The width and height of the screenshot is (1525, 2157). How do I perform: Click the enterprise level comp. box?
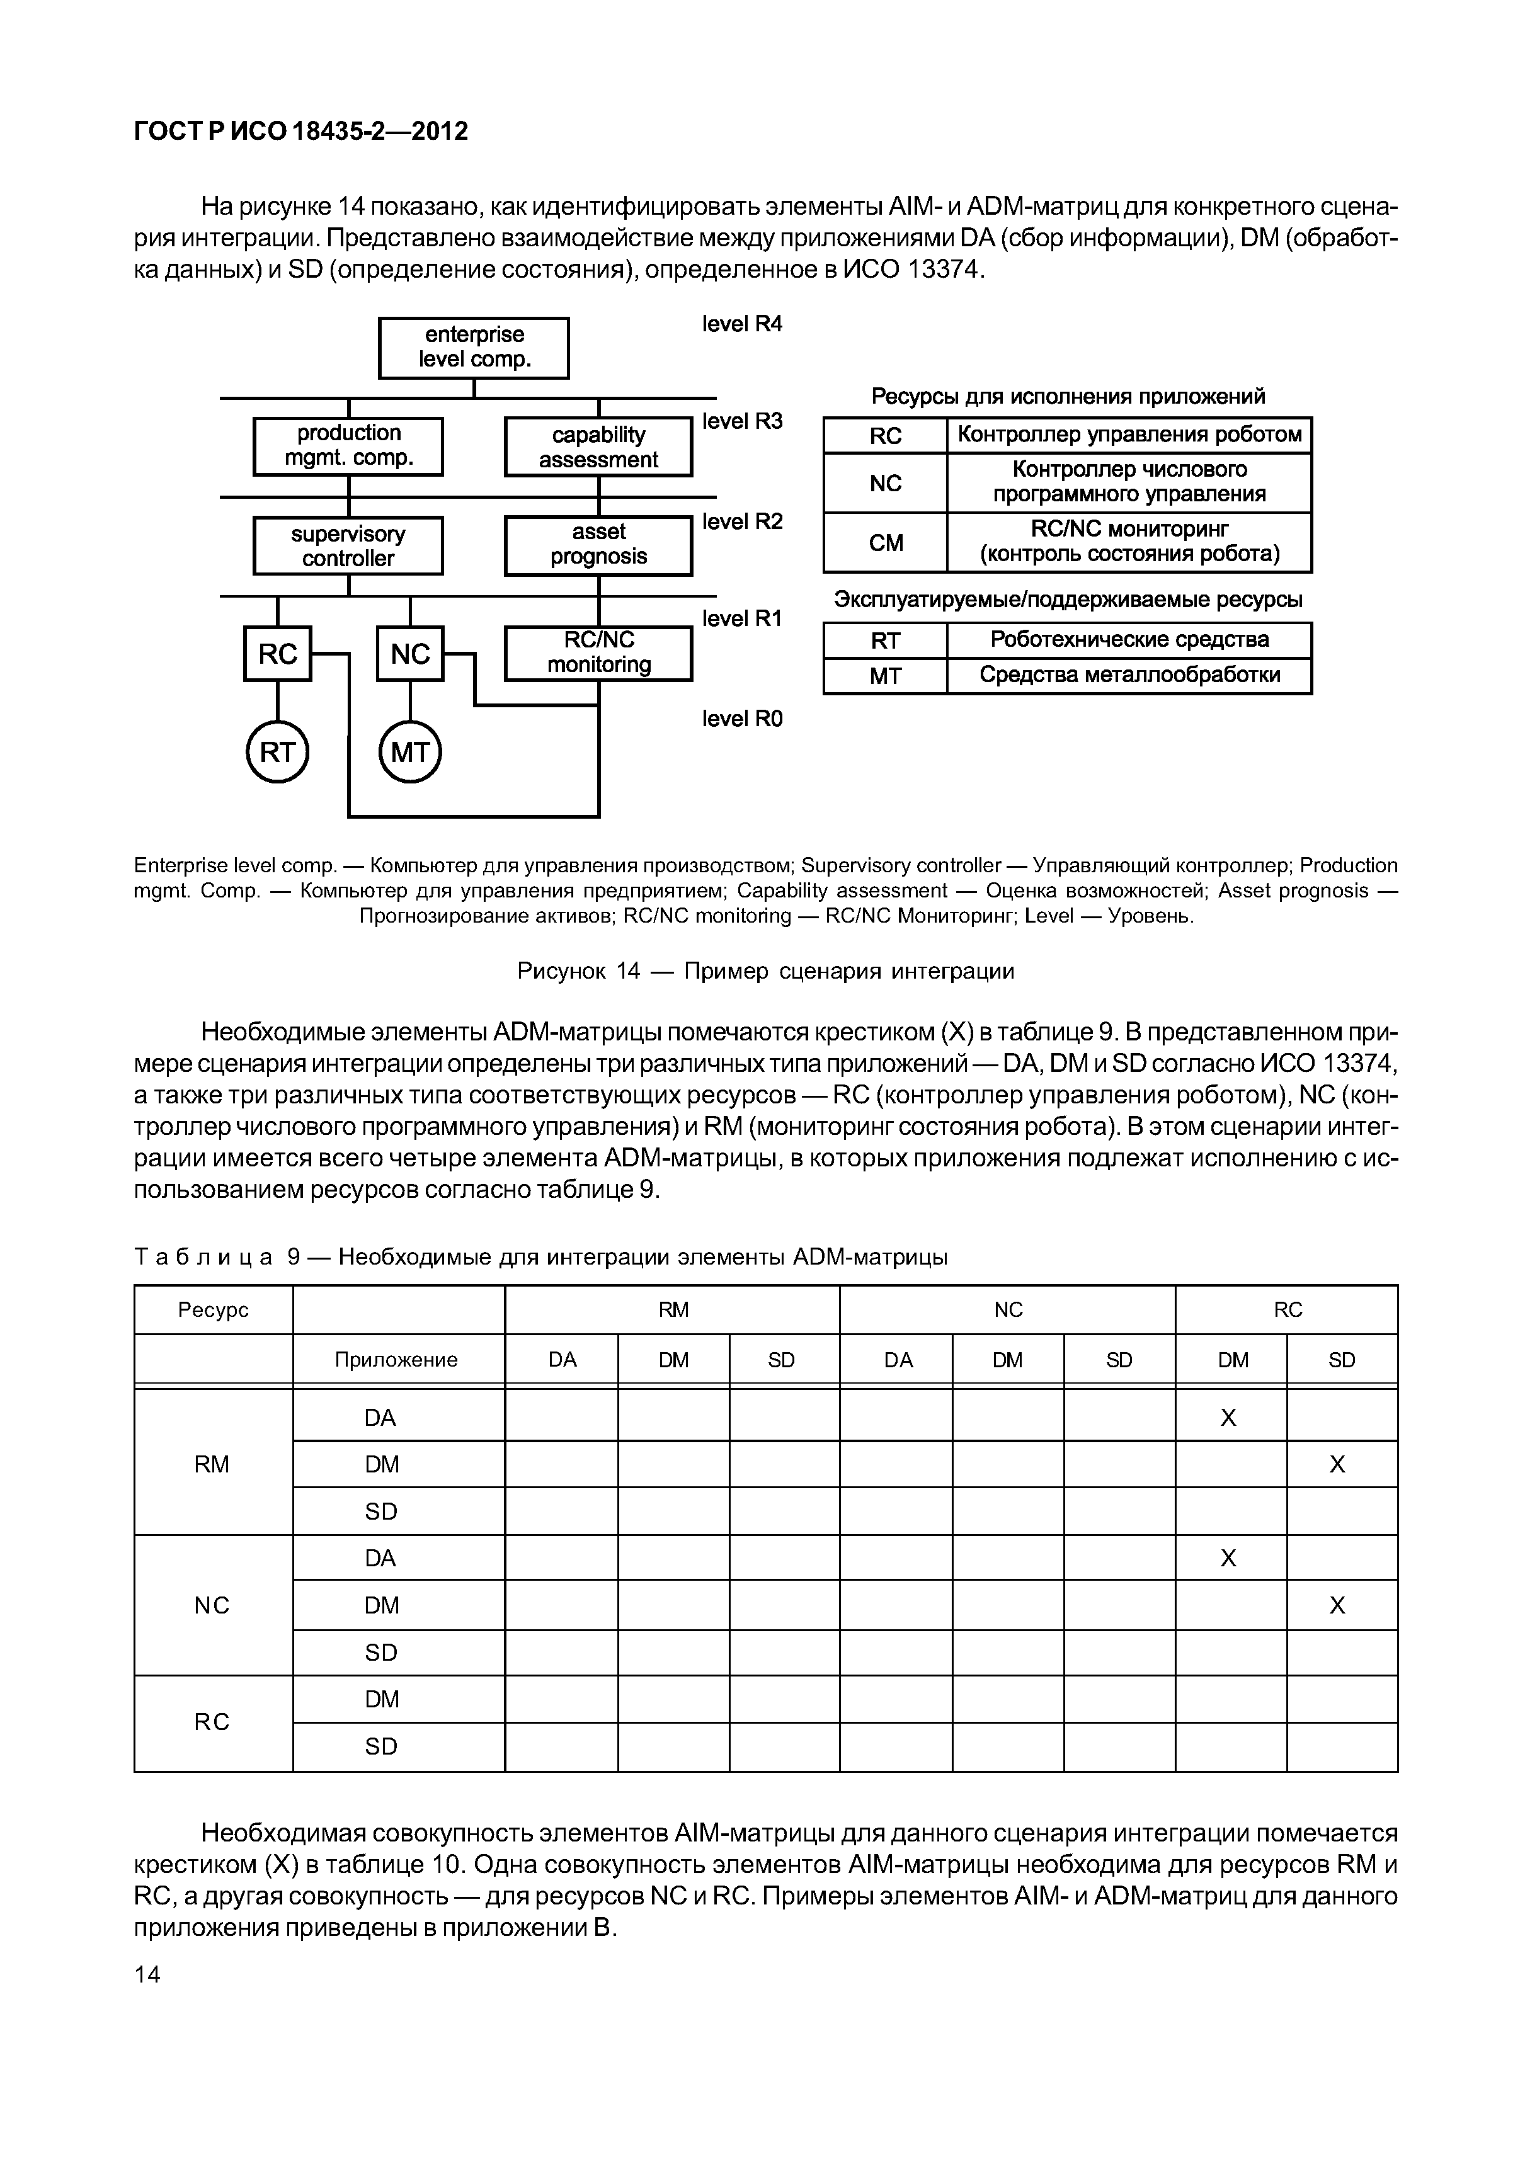point(474,348)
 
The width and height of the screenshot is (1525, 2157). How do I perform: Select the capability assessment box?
point(598,447)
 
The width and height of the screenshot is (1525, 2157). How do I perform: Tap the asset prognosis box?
point(598,545)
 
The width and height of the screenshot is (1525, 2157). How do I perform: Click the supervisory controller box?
point(348,546)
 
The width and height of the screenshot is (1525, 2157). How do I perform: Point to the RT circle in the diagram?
point(277,753)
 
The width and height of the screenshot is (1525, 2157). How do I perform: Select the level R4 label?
point(741,324)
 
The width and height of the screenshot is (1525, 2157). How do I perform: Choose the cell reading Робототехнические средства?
point(1129,640)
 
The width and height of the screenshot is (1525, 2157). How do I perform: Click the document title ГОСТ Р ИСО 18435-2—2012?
point(300,132)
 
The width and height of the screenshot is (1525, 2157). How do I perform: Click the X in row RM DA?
point(1228,1418)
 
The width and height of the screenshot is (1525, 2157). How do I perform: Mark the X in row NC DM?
point(1337,1605)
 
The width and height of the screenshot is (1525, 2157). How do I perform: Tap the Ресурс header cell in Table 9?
point(214,1309)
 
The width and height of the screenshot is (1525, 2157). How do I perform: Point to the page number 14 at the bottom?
point(147,1975)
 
